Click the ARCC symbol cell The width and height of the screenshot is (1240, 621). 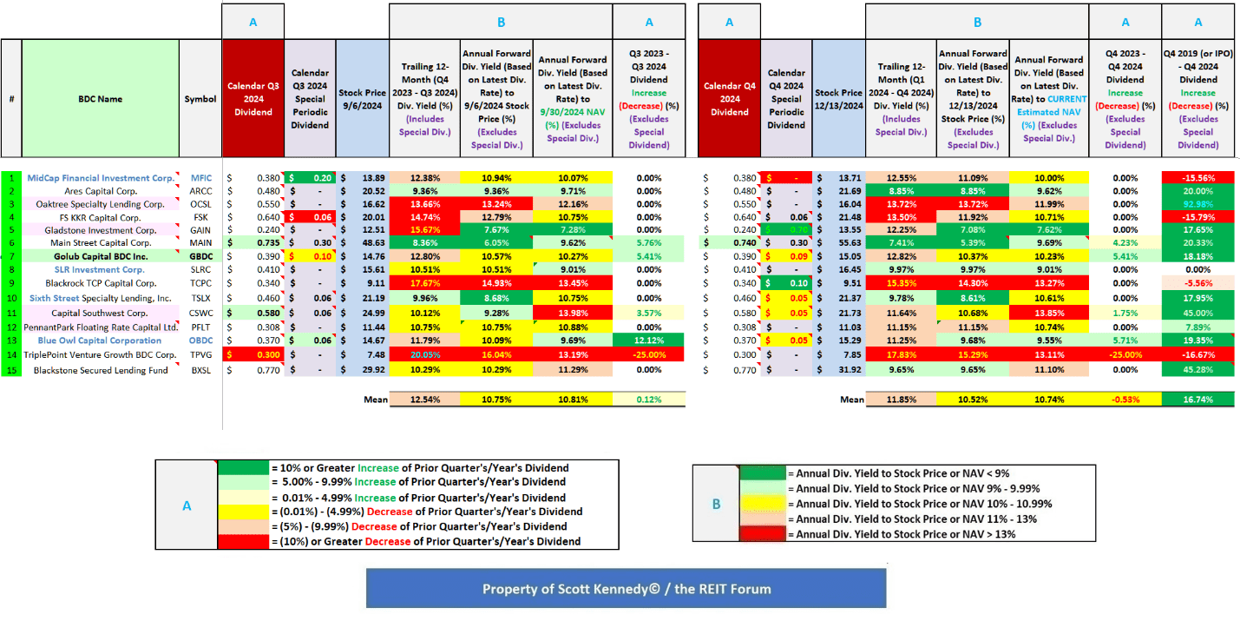(200, 191)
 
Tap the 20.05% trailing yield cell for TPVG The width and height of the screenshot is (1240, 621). (424, 355)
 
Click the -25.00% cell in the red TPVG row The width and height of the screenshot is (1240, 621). (649, 355)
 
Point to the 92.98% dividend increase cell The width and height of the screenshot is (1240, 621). (1197, 204)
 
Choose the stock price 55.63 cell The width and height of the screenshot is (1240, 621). (839, 243)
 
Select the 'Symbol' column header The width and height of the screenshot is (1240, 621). (200, 99)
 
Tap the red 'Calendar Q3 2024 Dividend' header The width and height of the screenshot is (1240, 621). (253, 99)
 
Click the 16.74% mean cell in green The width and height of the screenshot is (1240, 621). (1197, 399)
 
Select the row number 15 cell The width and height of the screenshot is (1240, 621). (11, 370)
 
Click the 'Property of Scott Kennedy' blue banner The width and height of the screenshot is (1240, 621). (626, 589)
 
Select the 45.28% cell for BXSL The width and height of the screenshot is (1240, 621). (1197, 370)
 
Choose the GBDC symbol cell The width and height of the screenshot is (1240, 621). (200, 256)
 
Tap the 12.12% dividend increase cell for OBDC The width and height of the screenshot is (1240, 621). (649, 340)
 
